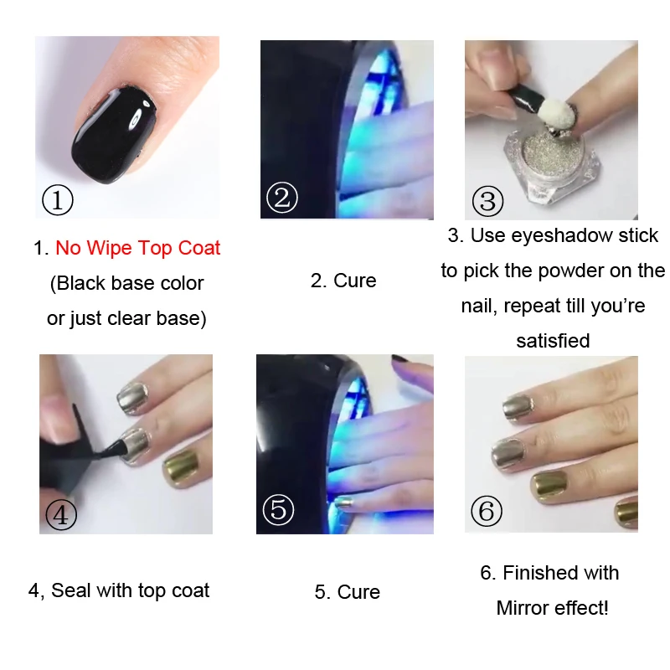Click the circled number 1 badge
58,200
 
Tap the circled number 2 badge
281,198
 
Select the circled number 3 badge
487,201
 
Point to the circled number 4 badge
61,514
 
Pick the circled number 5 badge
278,509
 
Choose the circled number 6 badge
487,511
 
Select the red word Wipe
109,248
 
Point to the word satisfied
553,341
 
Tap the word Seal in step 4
71,590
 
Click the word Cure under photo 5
358,592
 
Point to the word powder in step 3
528,271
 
